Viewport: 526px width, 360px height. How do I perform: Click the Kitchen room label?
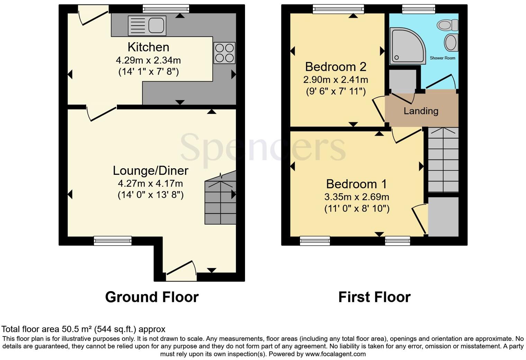(x=148, y=47)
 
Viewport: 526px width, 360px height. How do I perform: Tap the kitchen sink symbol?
(x=147, y=25)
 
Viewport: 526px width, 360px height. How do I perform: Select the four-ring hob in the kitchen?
(x=224, y=53)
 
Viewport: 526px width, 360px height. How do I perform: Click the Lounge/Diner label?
(x=151, y=171)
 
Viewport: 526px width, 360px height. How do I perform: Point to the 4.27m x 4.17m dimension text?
(x=151, y=183)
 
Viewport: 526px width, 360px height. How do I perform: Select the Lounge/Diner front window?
(x=112, y=241)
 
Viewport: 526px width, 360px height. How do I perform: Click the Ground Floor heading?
(x=152, y=297)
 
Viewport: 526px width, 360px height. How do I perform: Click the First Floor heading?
(x=374, y=297)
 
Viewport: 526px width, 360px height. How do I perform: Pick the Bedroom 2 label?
(x=335, y=66)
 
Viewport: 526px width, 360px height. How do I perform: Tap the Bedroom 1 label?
(x=356, y=184)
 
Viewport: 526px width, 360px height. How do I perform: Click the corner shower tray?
(x=407, y=46)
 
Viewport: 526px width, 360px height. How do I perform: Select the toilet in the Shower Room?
(x=448, y=25)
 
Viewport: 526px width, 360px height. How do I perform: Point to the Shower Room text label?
(x=442, y=58)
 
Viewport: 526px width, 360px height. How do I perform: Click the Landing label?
(x=421, y=111)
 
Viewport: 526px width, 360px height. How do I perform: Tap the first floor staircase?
(x=443, y=160)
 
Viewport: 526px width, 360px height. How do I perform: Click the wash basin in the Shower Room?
(x=451, y=43)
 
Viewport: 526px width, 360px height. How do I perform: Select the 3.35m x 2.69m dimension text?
(x=356, y=197)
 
